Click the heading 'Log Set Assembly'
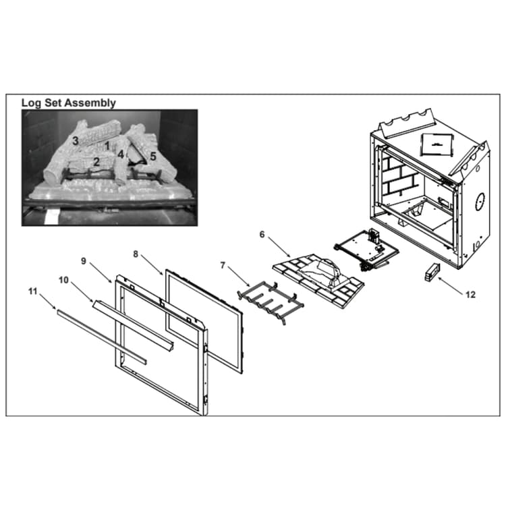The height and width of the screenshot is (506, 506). pos(68,103)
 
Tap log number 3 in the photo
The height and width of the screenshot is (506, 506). pos(76,141)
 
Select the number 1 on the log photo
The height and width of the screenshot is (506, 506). pos(107,146)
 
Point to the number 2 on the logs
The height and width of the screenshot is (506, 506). pos(96,162)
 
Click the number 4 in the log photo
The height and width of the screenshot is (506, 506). pos(121,154)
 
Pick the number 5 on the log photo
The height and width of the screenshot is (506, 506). pos(153,157)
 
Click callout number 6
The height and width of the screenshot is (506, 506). pos(262,235)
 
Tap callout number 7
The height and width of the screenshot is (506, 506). pos(223,265)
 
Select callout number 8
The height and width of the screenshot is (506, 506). pos(136,254)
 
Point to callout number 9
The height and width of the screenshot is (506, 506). pos(84,261)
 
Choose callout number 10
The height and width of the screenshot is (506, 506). pos(63,280)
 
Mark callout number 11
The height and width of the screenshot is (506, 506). pos(33,291)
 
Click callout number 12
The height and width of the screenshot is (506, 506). pos(470,295)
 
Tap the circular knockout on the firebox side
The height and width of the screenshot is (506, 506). pos(480,202)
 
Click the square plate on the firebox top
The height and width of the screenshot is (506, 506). pos(437,144)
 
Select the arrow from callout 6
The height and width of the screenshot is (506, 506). pos(279,247)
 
